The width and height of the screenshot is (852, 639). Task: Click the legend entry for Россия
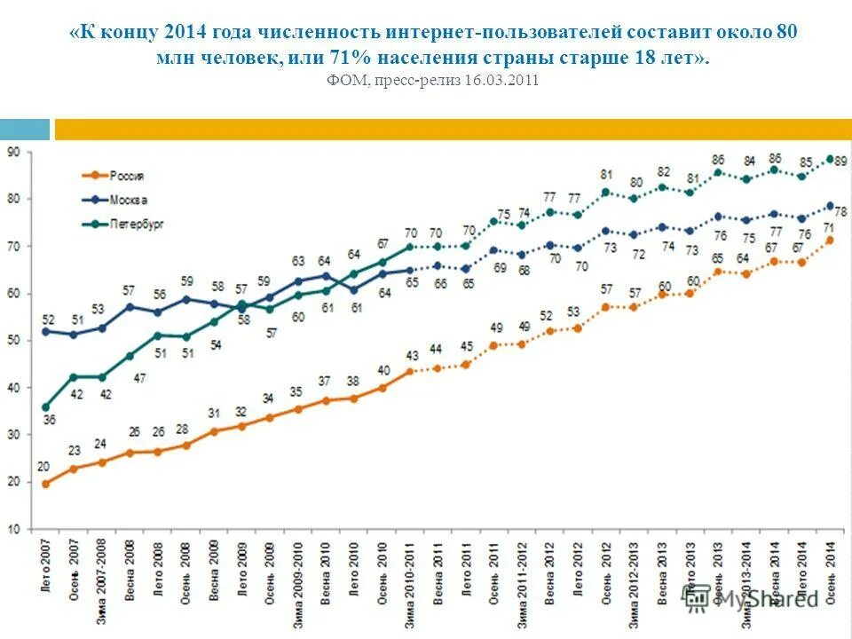[x=127, y=176]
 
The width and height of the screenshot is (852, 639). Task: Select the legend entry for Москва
[x=127, y=200]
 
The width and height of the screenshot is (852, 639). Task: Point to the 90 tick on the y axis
[x=15, y=153]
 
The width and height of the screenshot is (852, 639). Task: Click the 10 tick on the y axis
[x=15, y=530]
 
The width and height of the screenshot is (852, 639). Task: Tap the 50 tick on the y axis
[x=15, y=341]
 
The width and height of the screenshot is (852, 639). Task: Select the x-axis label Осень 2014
[x=831, y=572]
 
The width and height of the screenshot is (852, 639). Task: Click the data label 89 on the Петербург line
[x=840, y=161]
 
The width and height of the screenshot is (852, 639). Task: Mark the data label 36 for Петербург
[x=49, y=421]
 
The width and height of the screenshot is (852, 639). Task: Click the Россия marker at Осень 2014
[x=830, y=240]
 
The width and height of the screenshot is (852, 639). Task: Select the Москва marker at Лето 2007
[x=45, y=331]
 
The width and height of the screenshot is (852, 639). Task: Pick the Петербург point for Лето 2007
[x=45, y=406]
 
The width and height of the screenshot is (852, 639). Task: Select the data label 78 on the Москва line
[x=840, y=212]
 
